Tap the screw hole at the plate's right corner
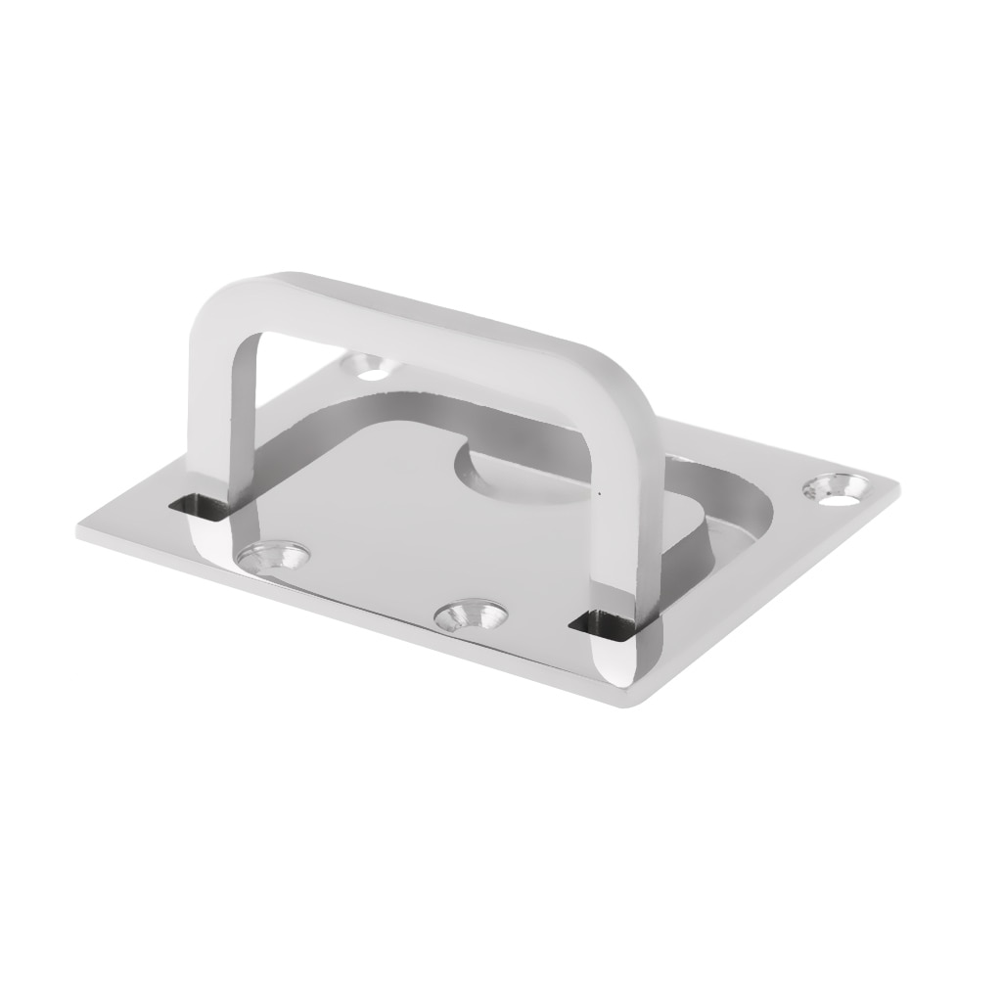(x=837, y=486)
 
